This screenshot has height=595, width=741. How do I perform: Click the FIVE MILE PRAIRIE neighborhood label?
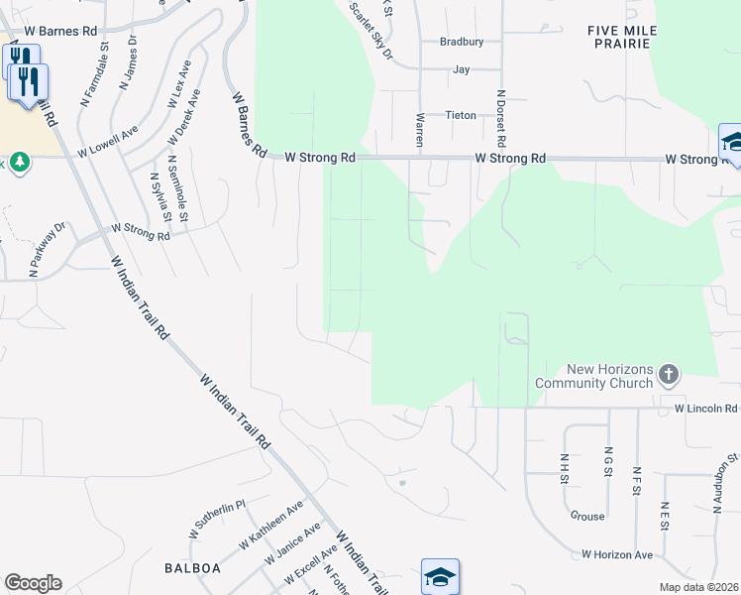point(618,37)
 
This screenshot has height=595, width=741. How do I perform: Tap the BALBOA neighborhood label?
point(184,568)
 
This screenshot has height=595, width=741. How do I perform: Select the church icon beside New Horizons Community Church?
point(669,375)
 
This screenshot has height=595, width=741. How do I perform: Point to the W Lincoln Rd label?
point(706,409)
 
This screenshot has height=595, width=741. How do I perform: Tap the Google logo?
point(33,583)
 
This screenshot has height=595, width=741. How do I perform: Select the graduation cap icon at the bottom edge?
point(440,576)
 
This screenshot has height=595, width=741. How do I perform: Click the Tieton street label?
point(461,115)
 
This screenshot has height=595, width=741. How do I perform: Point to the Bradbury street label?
point(462,42)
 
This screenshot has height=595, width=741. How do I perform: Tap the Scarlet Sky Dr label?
point(372,32)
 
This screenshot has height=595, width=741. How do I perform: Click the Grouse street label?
point(587,516)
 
